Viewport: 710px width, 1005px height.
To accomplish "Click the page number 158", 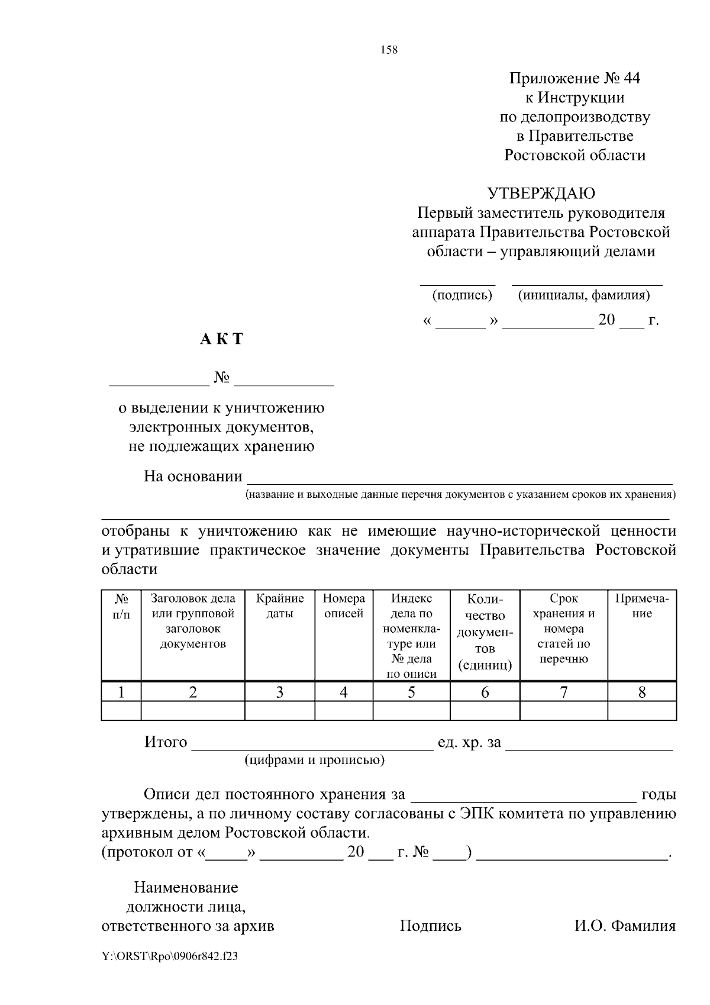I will tap(389, 50).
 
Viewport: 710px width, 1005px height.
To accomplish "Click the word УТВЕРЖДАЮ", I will tap(541, 194).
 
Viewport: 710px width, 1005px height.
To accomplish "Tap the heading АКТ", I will tap(221, 339).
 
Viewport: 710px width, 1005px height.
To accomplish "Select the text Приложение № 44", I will tap(575, 78).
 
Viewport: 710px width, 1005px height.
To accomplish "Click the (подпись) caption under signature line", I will tap(462, 295).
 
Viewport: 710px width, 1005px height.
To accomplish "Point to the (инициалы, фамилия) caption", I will tap(583, 295).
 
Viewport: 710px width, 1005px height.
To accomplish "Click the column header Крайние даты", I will tap(280, 606).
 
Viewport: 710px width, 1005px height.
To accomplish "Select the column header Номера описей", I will tap(344, 606).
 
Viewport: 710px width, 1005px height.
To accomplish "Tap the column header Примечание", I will tap(642, 606).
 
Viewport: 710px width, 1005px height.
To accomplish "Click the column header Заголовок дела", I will tap(193, 598).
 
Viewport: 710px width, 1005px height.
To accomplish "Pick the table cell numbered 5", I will tap(411, 692).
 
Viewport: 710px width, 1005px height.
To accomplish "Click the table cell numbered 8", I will tap(642, 692).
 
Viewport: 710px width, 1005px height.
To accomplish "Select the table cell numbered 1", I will tap(121, 692).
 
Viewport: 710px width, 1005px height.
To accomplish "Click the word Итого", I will tap(166, 742).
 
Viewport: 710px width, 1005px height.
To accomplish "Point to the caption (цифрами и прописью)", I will tap(315, 760).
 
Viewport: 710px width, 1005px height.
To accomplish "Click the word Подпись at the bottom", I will tap(430, 926).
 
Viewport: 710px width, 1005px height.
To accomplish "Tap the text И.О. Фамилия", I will tap(625, 926).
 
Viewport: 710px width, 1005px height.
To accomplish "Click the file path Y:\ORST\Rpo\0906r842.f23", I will tap(170, 956).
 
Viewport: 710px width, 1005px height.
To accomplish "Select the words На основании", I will tap(193, 476).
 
